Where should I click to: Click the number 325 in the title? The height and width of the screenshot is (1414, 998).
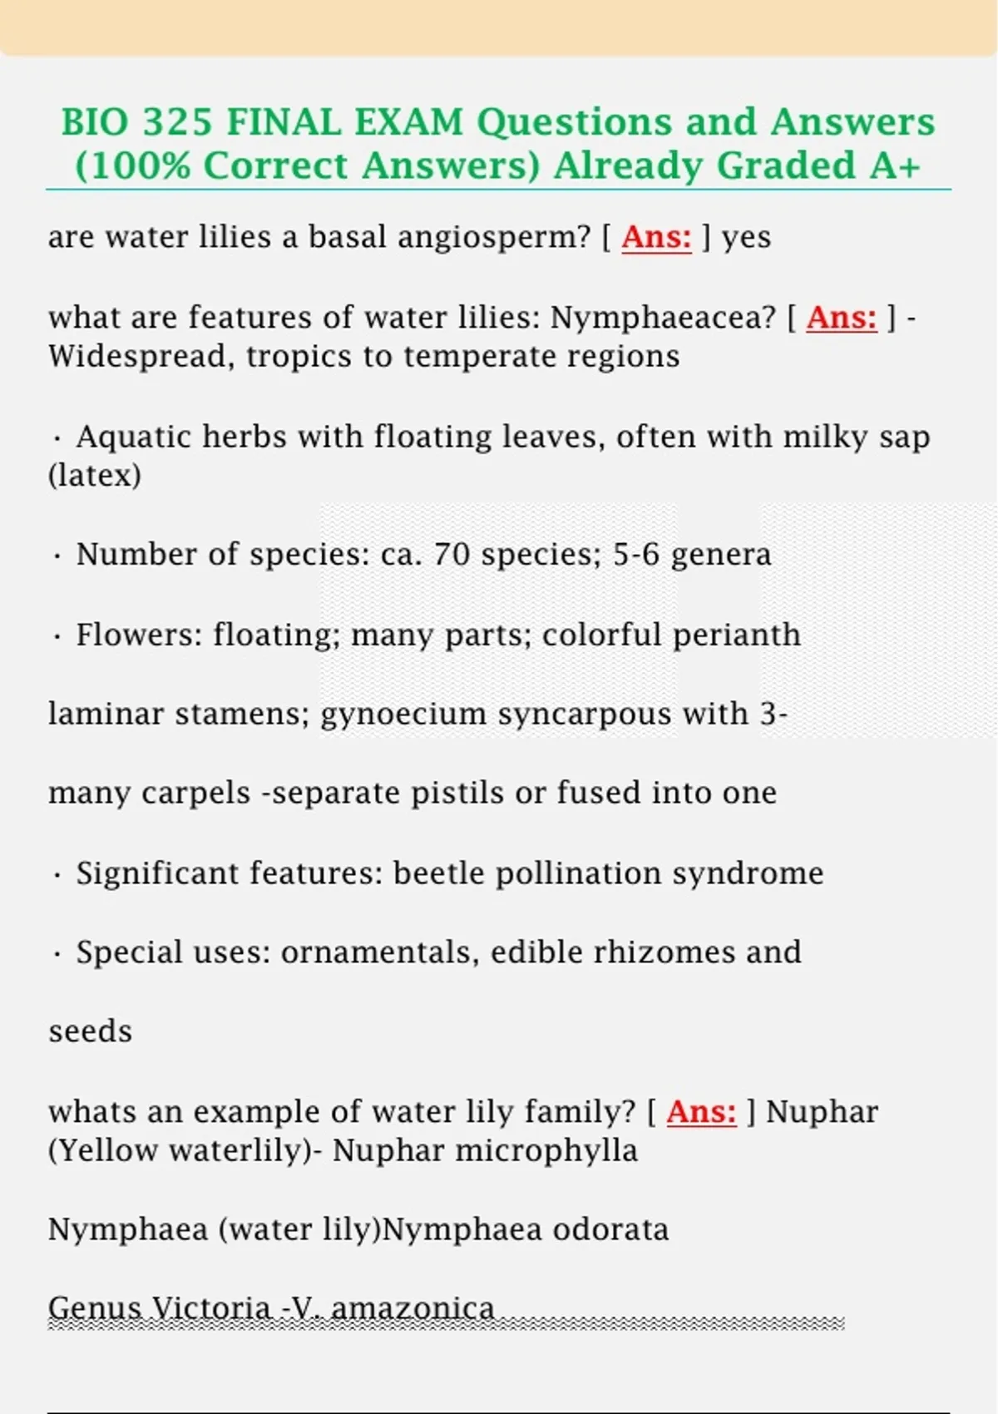[177, 122]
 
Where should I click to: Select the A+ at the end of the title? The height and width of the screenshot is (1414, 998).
[895, 166]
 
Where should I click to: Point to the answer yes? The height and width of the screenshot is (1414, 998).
[746, 238]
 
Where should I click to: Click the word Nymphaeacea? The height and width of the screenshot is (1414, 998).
[663, 317]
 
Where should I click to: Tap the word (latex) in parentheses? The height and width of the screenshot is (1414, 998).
[95, 476]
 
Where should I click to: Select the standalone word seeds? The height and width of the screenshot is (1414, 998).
[90, 1032]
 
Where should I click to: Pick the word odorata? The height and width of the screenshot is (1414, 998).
[610, 1229]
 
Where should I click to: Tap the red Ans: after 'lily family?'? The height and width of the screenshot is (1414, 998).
[701, 1111]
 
